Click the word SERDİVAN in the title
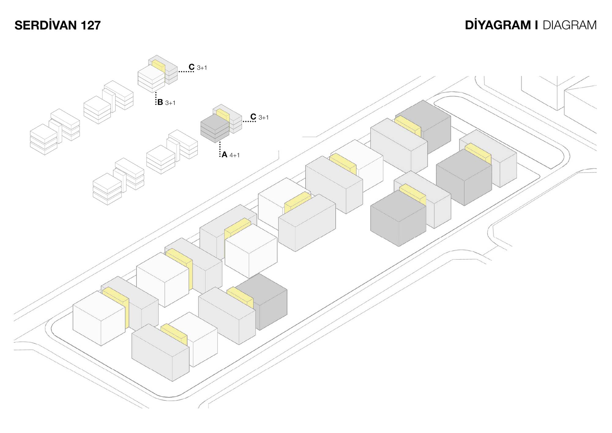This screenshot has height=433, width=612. click(x=46, y=25)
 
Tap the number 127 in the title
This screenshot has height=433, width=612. click(x=91, y=25)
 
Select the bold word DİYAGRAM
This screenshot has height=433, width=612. click(x=498, y=25)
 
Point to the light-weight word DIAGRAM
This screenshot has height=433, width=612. click(x=569, y=25)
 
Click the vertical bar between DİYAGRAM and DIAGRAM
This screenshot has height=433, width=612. click(x=536, y=25)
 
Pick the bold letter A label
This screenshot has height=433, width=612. click(x=225, y=155)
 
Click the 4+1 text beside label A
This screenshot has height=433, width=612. click(x=235, y=155)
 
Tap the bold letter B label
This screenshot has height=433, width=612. click(x=160, y=102)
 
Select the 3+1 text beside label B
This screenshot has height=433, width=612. click(x=170, y=103)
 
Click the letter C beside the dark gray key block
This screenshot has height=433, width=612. click(x=253, y=117)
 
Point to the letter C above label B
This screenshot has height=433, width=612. click(x=192, y=67)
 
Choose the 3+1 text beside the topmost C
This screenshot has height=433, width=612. click(x=202, y=68)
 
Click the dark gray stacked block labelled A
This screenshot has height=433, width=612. click(x=215, y=129)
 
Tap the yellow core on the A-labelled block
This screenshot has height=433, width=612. click(x=223, y=114)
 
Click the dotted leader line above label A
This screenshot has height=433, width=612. click(x=220, y=149)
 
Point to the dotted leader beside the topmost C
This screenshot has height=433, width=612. click(x=186, y=72)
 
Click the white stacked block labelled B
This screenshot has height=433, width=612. click(x=151, y=79)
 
